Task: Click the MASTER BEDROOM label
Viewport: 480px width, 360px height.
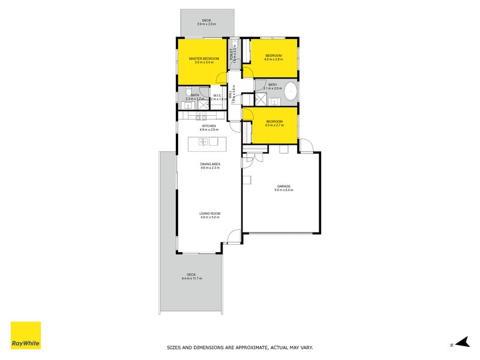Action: [x=204, y=58]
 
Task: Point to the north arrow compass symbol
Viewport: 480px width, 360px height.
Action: [x=460, y=343]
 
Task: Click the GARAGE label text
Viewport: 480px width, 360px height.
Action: [x=283, y=186]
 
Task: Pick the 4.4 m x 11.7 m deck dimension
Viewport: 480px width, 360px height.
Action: [x=191, y=279]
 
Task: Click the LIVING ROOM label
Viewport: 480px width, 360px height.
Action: [x=210, y=213]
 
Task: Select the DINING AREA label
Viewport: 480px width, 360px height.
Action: [x=210, y=164]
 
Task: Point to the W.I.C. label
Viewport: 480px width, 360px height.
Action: [x=218, y=95]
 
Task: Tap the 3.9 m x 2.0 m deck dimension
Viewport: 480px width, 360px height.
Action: [x=206, y=24]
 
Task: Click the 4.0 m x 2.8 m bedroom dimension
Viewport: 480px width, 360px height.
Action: [x=274, y=59]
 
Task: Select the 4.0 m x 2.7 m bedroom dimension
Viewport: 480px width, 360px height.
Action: [x=274, y=125]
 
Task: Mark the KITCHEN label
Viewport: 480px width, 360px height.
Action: [x=209, y=125]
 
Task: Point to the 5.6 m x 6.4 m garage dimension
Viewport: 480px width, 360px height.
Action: [x=283, y=190]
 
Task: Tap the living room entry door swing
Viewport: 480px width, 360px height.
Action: [x=235, y=236]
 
